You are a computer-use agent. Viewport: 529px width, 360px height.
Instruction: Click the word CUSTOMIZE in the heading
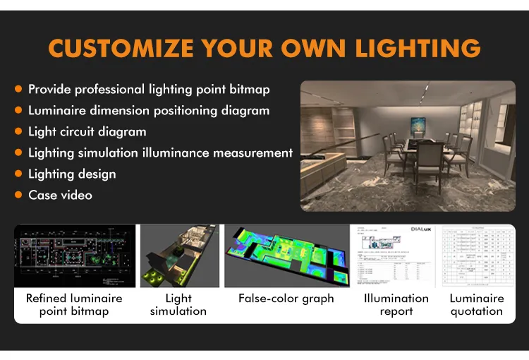click(x=120, y=49)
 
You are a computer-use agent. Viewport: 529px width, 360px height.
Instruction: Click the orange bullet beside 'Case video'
click(x=18, y=195)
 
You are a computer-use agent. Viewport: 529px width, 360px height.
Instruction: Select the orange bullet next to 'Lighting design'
click(x=18, y=174)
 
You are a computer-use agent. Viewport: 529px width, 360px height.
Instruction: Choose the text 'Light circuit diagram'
click(x=87, y=132)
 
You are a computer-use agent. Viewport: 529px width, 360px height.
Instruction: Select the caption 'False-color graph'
click(x=286, y=299)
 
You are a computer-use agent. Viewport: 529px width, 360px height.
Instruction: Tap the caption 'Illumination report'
click(x=396, y=305)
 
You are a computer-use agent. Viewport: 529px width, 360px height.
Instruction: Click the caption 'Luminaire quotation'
click(x=477, y=305)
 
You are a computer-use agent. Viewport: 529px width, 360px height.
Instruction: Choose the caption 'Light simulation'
click(x=178, y=305)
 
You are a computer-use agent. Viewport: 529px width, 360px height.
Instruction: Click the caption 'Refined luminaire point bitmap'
click(x=74, y=305)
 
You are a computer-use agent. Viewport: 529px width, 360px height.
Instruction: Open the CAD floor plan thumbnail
click(x=75, y=256)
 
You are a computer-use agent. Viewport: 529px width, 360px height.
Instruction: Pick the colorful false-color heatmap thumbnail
click(x=286, y=256)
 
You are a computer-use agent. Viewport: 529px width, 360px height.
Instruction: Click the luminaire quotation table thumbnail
click(x=477, y=256)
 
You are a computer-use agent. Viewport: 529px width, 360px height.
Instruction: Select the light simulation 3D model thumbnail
click(x=179, y=256)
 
